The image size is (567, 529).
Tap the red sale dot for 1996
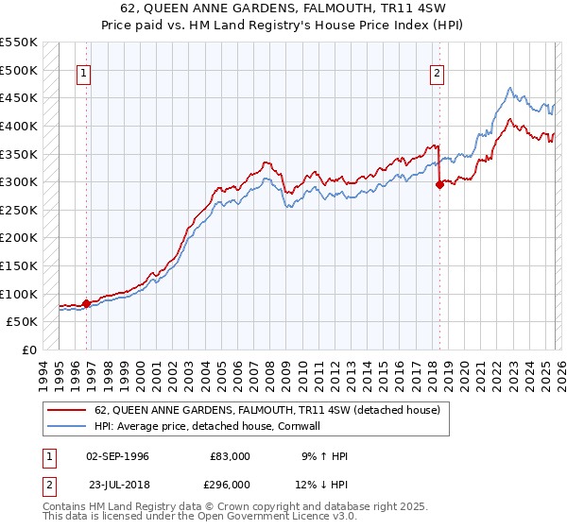pyautogui.click(x=86, y=303)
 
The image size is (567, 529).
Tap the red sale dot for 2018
pyautogui.click(x=439, y=185)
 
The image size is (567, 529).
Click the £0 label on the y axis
pyautogui.click(x=29, y=350)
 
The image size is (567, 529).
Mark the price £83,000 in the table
pyautogui.click(x=230, y=456)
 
